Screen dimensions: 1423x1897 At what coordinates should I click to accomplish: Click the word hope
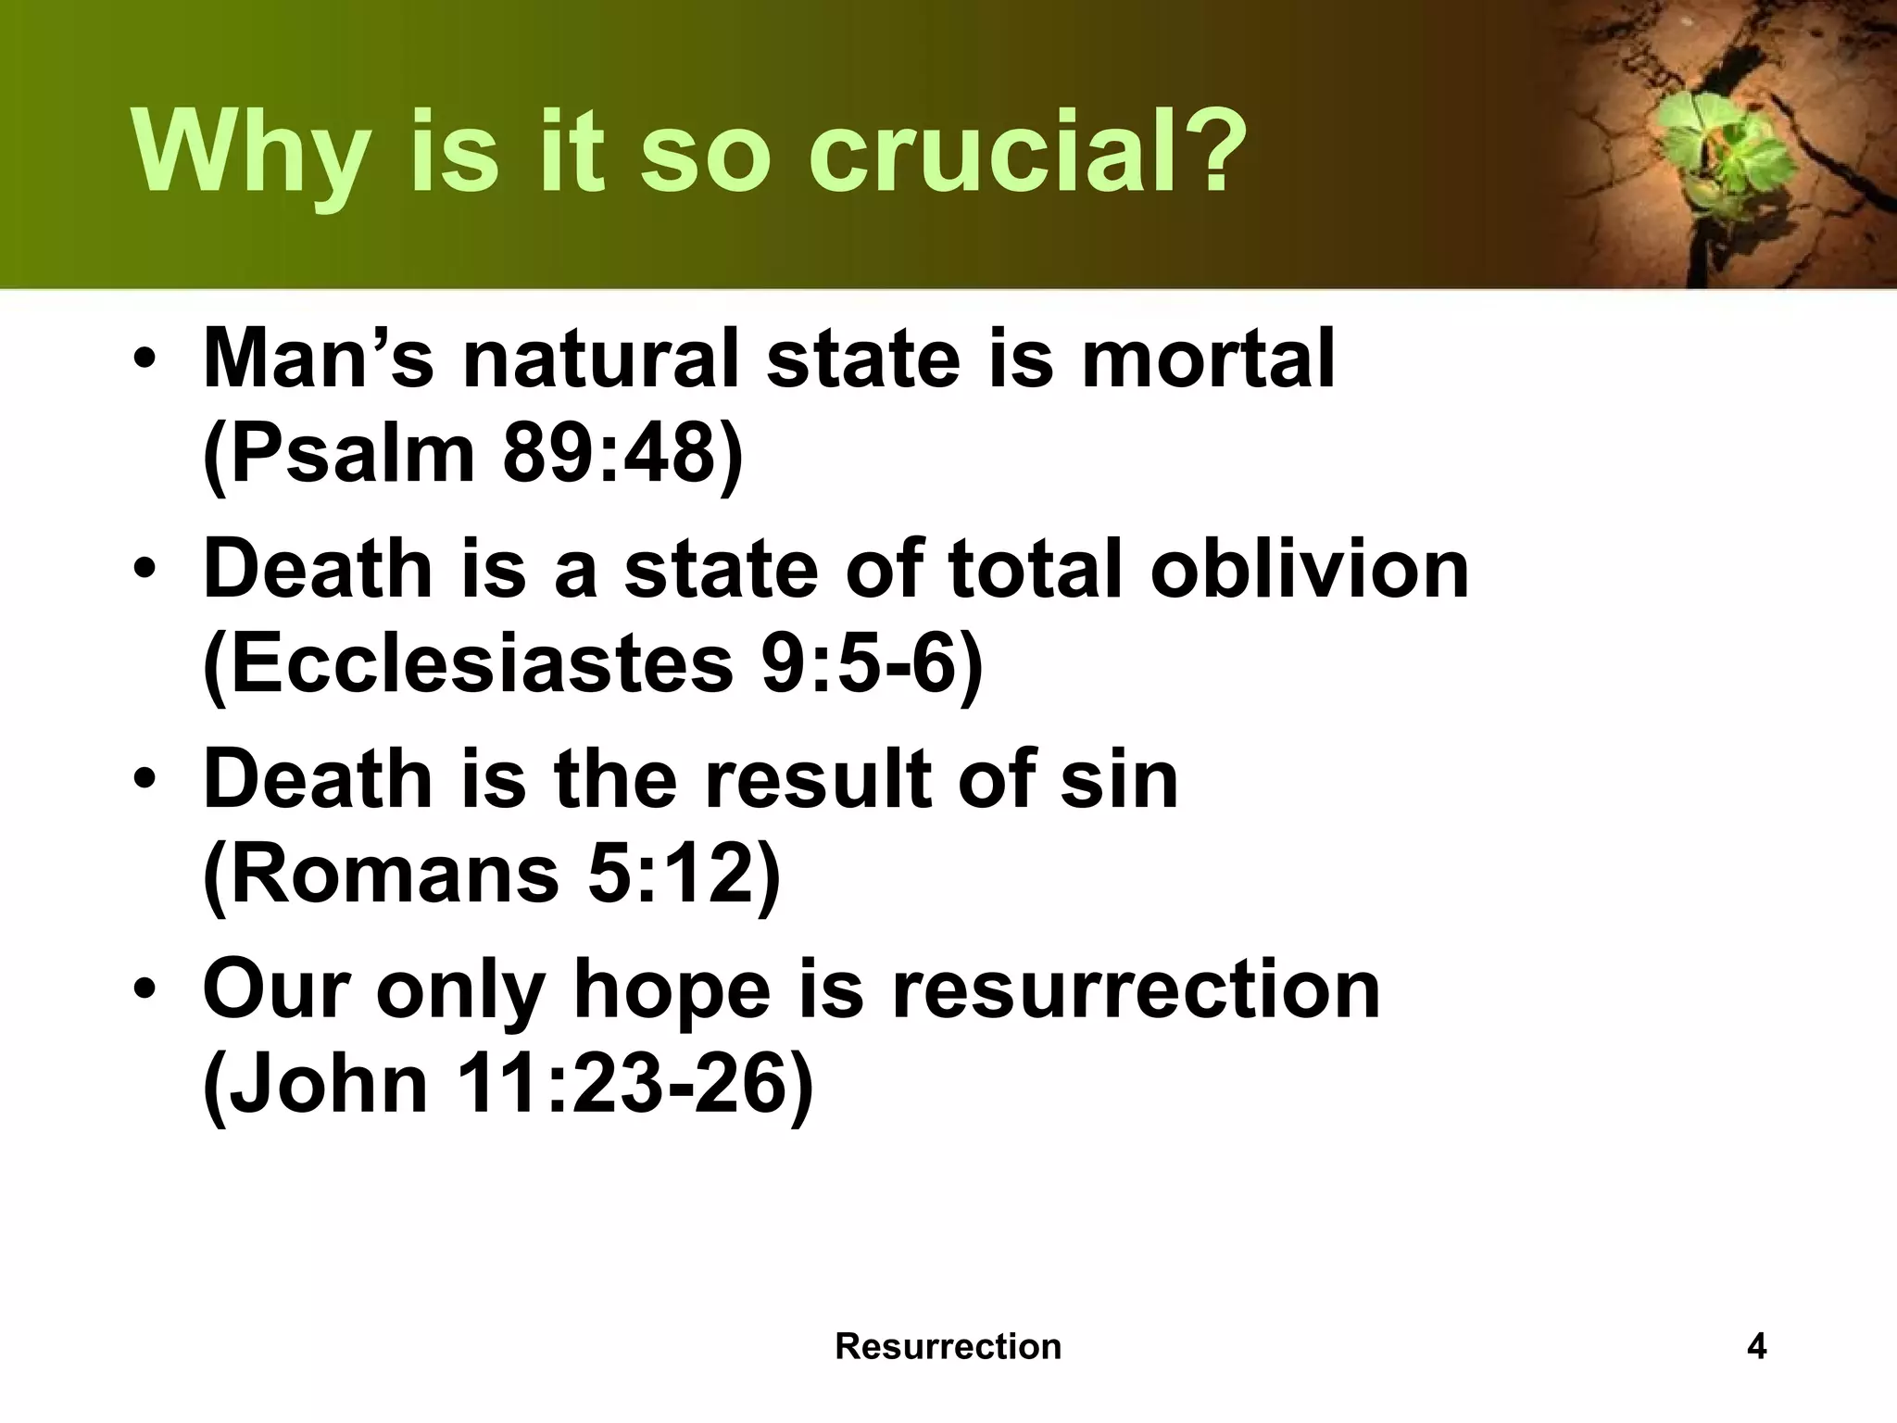click(672, 989)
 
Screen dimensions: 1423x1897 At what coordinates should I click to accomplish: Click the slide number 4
click(1756, 1345)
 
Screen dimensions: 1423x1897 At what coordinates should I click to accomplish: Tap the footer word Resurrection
click(948, 1345)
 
